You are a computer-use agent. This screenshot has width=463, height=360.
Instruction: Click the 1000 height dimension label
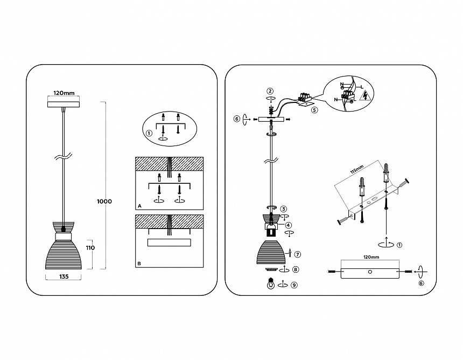(x=104, y=202)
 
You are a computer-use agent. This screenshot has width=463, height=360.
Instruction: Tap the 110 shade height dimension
(x=90, y=247)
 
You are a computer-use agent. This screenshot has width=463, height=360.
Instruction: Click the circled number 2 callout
(x=270, y=91)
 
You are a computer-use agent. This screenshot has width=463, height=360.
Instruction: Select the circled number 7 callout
(x=297, y=254)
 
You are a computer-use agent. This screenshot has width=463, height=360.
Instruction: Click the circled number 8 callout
(x=296, y=269)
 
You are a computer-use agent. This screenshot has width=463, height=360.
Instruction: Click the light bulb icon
(x=270, y=283)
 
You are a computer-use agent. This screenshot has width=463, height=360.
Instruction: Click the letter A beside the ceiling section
(x=139, y=206)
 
